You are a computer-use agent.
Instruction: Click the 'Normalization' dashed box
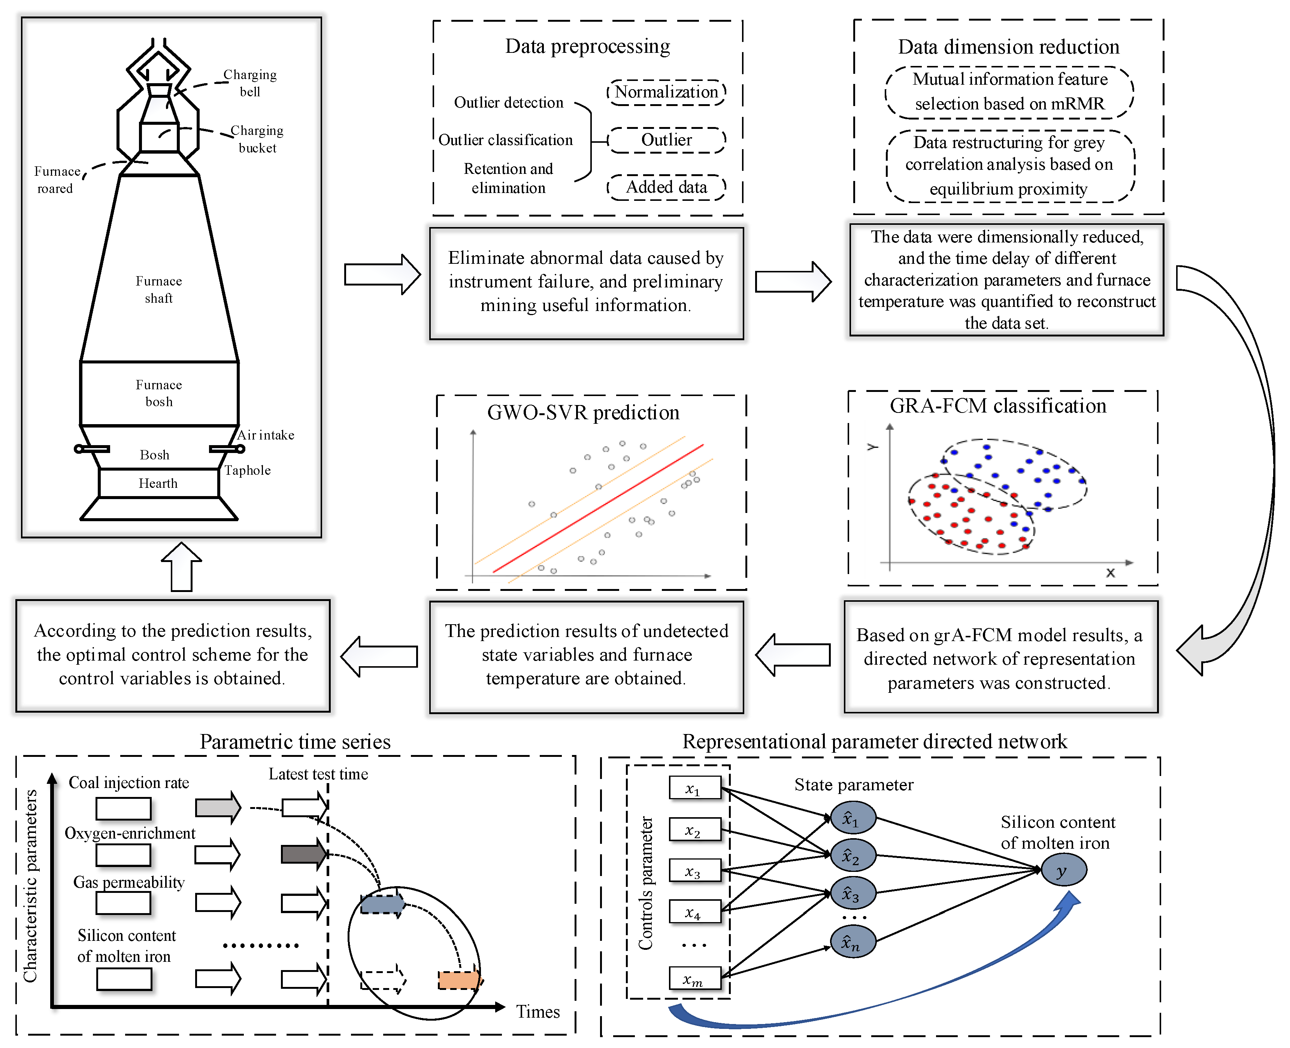[x=666, y=93]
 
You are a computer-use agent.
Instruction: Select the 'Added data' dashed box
[x=666, y=187]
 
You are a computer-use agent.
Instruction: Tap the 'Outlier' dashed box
[x=666, y=140]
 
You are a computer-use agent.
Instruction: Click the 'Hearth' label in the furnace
[x=158, y=483]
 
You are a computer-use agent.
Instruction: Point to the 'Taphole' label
[x=247, y=470]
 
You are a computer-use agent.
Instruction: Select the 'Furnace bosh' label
[x=159, y=393]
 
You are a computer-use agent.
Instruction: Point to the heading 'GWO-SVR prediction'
[x=584, y=412]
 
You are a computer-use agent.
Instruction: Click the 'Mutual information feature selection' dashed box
[x=1009, y=92]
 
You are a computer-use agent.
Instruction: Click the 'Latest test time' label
[x=319, y=774]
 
